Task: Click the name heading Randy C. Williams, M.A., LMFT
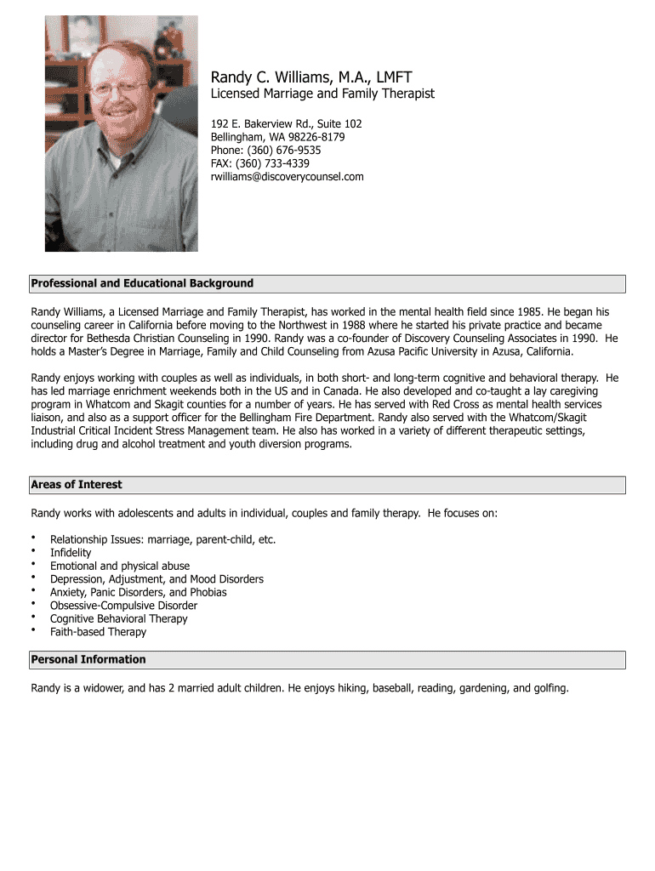310,77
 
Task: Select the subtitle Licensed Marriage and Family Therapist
322,94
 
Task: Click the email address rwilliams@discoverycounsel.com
287,177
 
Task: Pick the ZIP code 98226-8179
316,137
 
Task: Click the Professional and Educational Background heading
142,283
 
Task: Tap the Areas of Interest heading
77,485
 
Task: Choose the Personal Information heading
88,660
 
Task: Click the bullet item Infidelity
71,553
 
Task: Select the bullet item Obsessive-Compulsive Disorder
123,606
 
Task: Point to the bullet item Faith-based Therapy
98,632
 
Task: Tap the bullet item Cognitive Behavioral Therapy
118,619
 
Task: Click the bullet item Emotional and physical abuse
120,566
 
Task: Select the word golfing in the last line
548,688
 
